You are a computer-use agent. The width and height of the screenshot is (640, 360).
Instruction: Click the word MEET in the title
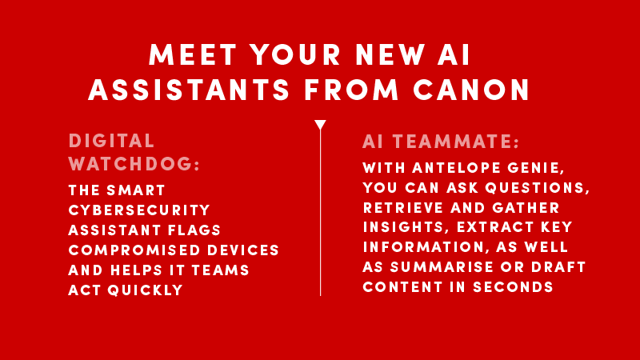[x=193, y=54]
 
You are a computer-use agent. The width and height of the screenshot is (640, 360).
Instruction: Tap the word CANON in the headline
[x=471, y=90]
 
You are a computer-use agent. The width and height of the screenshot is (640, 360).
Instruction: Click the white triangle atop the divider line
[x=321, y=125]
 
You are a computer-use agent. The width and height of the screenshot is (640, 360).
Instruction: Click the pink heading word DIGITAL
[x=111, y=142]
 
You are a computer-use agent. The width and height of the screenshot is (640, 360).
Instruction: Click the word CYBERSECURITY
[x=139, y=210]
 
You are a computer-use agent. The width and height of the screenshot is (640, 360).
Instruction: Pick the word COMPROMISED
[x=134, y=250]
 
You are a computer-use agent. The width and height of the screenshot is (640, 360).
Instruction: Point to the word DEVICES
[x=243, y=250]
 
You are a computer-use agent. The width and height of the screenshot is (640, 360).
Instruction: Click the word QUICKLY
[x=145, y=290]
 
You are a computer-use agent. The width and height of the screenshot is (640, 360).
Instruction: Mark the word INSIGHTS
[x=403, y=227]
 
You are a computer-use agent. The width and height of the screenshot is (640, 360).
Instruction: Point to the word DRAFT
[x=558, y=267]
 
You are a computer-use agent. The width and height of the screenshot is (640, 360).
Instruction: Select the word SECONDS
[x=513, y=287]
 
